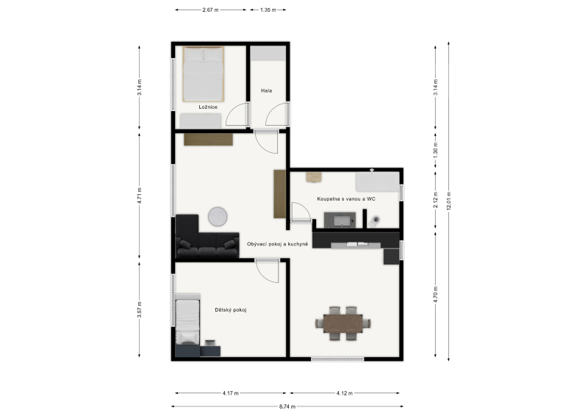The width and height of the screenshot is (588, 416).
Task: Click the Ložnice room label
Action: click(x=208, y=107)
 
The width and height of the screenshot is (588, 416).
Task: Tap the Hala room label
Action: click(x=266, y=91)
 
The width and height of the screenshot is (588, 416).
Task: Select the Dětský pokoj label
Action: click(x=231, y=310)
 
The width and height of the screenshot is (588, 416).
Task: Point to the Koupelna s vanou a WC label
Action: click(x=346, y=198)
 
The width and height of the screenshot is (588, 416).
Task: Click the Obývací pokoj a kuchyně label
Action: click(x=278, y=244)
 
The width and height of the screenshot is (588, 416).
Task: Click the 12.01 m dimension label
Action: click(x=449, y=201)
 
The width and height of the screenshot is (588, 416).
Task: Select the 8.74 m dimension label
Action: click(x=287, y=406)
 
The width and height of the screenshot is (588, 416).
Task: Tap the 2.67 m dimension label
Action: click(x=210, y=10)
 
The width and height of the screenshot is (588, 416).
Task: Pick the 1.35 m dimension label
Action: click(x=268, y=10)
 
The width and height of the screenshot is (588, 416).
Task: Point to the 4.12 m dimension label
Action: click(x=345, y=393)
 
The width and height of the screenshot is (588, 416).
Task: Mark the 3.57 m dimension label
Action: click(x=140, y=310)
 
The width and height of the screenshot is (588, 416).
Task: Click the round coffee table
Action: click(x=218, y=217)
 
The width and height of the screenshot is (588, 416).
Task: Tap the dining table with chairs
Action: click(x=343, y=323)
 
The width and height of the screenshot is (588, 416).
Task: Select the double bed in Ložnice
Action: click(x=204, y=74)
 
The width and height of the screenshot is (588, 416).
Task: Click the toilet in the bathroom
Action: click(x=374, y=221)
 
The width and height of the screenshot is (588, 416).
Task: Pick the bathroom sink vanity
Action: click(x=340, y=220)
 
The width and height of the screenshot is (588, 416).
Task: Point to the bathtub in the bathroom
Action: click(x=377, y=182)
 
